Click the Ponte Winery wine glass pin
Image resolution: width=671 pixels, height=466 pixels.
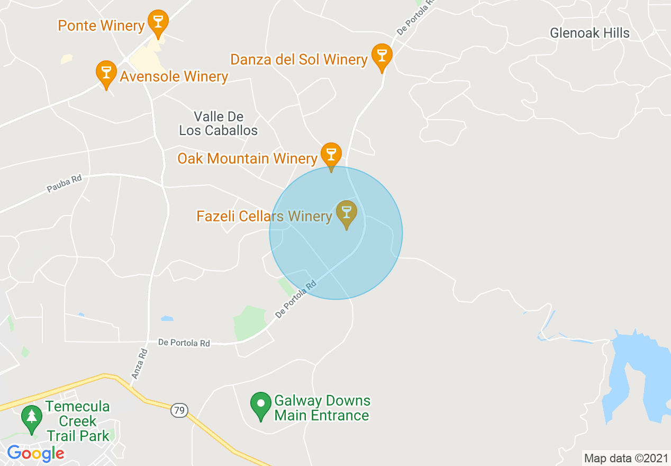(158, 22)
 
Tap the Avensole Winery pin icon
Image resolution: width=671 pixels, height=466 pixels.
(106, 73)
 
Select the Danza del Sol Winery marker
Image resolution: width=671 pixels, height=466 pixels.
(382, 55)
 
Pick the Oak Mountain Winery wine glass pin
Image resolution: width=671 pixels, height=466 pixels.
(331, 155)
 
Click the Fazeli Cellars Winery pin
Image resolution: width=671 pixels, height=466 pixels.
(347, 212)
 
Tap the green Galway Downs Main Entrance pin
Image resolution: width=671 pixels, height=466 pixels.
(261, 404)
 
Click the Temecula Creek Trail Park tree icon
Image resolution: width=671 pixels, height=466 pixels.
(32, 418)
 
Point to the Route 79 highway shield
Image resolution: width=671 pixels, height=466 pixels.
(179, 410)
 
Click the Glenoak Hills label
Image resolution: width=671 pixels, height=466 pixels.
(590, 33)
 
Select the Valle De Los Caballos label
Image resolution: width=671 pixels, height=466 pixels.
(219, 123)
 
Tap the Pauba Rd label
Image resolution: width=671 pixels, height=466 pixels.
(64, 184)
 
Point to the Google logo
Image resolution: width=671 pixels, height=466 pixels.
(35, 453)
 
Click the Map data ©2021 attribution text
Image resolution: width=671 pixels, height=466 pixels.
(625, 458)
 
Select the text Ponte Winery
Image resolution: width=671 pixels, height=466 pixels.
(101, 25)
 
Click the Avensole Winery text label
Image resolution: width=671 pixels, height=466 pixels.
(174, 77)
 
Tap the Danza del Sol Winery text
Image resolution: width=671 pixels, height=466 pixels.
(299, 59)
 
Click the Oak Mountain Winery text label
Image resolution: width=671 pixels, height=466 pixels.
(247, 158)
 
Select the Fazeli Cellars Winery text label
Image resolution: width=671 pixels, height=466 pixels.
(264, 216)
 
